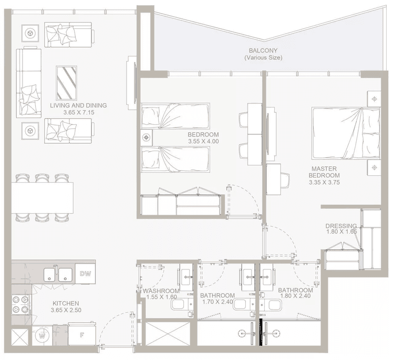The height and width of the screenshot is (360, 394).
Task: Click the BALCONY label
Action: [263, 51]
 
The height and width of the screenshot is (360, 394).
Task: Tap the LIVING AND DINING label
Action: [78, 105]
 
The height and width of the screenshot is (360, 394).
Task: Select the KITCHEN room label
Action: [65, 303]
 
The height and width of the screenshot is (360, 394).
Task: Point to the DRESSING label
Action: [341, 226]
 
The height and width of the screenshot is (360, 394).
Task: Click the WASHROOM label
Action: [161, 291]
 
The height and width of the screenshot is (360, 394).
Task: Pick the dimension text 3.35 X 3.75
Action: [324, 183]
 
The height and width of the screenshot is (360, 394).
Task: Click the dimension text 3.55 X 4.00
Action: [203, 141]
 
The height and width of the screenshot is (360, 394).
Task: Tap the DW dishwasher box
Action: [85, 273]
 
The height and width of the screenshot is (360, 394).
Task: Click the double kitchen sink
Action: [58, 273]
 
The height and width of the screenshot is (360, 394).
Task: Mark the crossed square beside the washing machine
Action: [20, 336]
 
